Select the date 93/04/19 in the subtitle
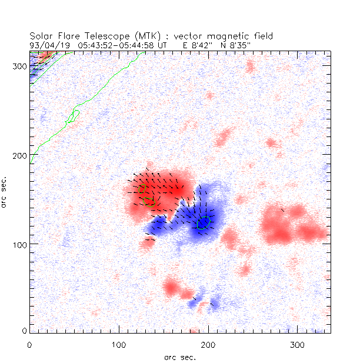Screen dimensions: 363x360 [48, 44]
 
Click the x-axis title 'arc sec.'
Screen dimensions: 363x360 [180, 357]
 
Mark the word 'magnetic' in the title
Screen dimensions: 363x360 [227, 36]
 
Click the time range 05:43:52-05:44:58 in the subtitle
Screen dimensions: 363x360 [118, 44]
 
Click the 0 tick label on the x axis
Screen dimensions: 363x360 [30, 344]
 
